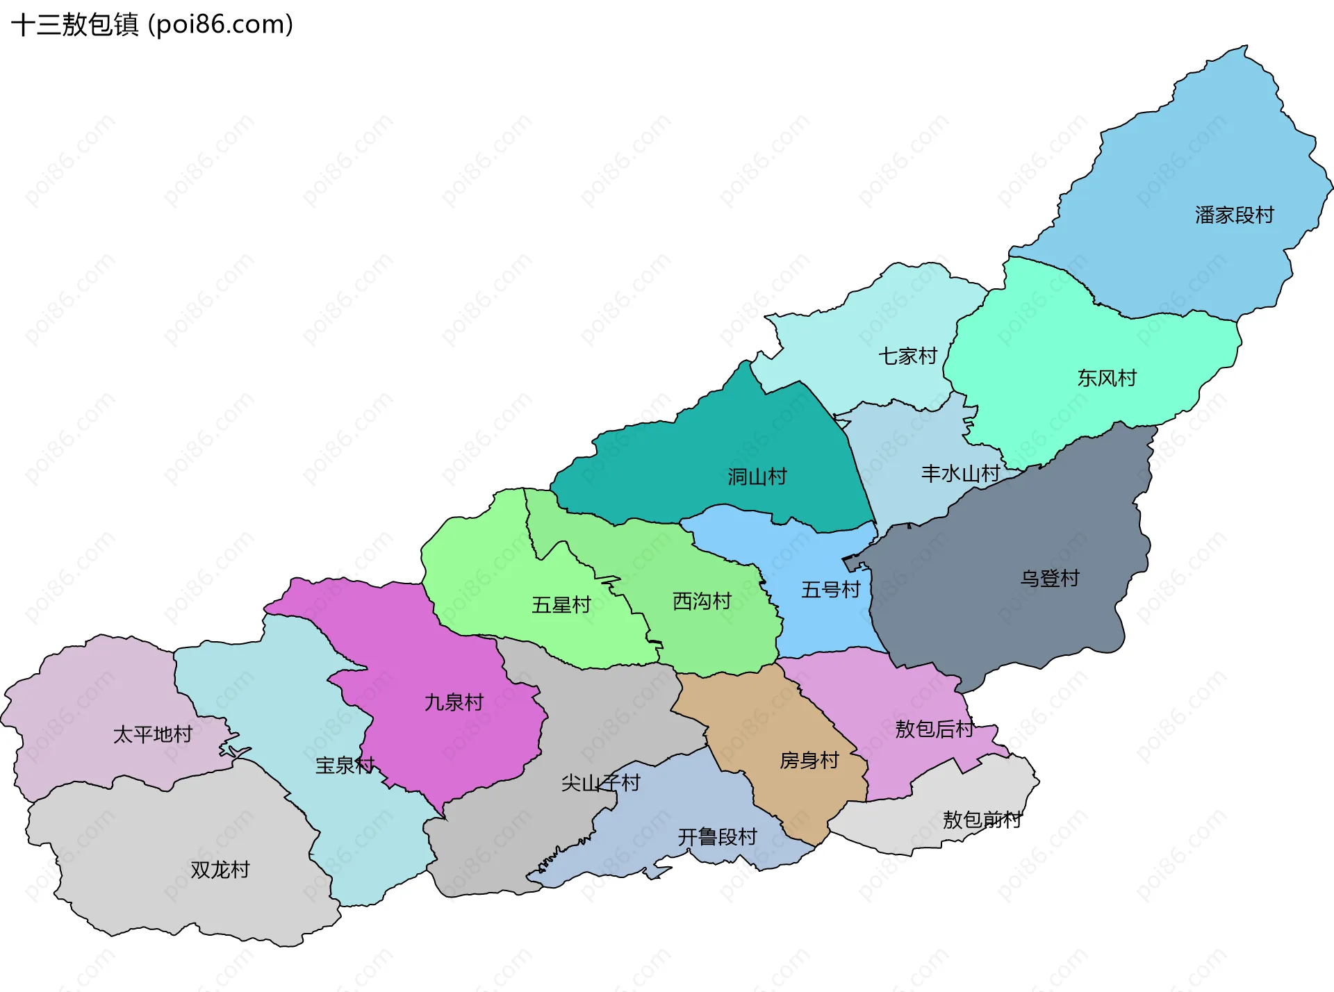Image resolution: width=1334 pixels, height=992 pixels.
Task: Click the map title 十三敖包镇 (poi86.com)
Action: point(152,25)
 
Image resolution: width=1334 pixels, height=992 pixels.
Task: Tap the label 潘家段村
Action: point(1234,215)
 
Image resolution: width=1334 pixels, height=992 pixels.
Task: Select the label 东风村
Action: point(1107,379)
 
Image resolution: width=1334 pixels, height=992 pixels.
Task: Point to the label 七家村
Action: point(907,356)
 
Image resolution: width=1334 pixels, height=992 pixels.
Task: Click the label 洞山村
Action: point(757,477)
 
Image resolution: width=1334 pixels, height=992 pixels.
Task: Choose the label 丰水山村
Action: point(960,474)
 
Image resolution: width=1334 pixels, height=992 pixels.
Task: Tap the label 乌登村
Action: point(1050,579)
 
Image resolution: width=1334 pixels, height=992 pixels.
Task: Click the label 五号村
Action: point(831,590)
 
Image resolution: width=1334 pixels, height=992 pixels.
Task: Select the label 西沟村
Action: point(702,602)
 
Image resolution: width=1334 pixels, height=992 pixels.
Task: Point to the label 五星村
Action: point(561,605)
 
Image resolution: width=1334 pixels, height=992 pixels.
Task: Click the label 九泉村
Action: point(454,702)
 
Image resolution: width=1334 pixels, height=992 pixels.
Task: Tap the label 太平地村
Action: point(152,734)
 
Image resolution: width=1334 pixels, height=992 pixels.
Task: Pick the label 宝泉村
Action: point(345,766)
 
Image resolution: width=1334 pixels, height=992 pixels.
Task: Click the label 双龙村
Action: point(220,870)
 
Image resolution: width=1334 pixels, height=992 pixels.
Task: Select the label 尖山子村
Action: point(600,783)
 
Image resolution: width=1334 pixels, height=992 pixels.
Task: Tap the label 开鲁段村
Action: point(717,837)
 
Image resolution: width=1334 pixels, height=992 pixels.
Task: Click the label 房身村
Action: point(809,761)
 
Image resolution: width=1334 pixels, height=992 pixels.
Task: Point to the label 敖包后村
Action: point(934,729)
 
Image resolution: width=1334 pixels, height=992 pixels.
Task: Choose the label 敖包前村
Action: point(982,820)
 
